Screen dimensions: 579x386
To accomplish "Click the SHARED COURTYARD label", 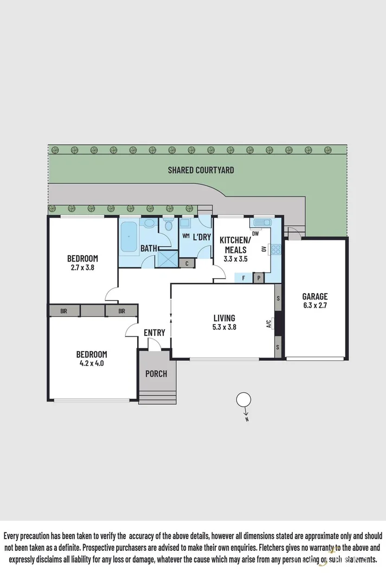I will [x=201, y=170].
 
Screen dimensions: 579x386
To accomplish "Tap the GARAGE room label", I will [x=315, y=296].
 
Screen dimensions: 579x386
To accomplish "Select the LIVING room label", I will [x=224, y=318].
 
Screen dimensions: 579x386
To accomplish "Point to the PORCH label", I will [x=156, y=374].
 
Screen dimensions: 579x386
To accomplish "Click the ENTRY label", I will [x=154, y=333].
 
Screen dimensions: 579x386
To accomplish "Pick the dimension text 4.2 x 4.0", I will [x=91, y=364].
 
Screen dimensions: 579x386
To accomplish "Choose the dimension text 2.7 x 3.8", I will [x=82, y=267].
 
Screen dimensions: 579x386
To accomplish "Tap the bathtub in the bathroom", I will [x=129, y=237].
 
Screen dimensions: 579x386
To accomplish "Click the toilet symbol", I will [x=168, y=225].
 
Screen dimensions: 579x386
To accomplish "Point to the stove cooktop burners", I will [x=275, y=250].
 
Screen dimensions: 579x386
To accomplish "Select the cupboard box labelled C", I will [x=187, y=264].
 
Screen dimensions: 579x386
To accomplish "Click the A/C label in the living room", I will [x=269, y=325].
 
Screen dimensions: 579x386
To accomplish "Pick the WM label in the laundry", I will [x=185, y=236].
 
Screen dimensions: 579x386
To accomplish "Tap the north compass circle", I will [x=243, y=400].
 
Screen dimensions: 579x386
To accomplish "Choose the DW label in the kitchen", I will [x=255, y=233].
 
